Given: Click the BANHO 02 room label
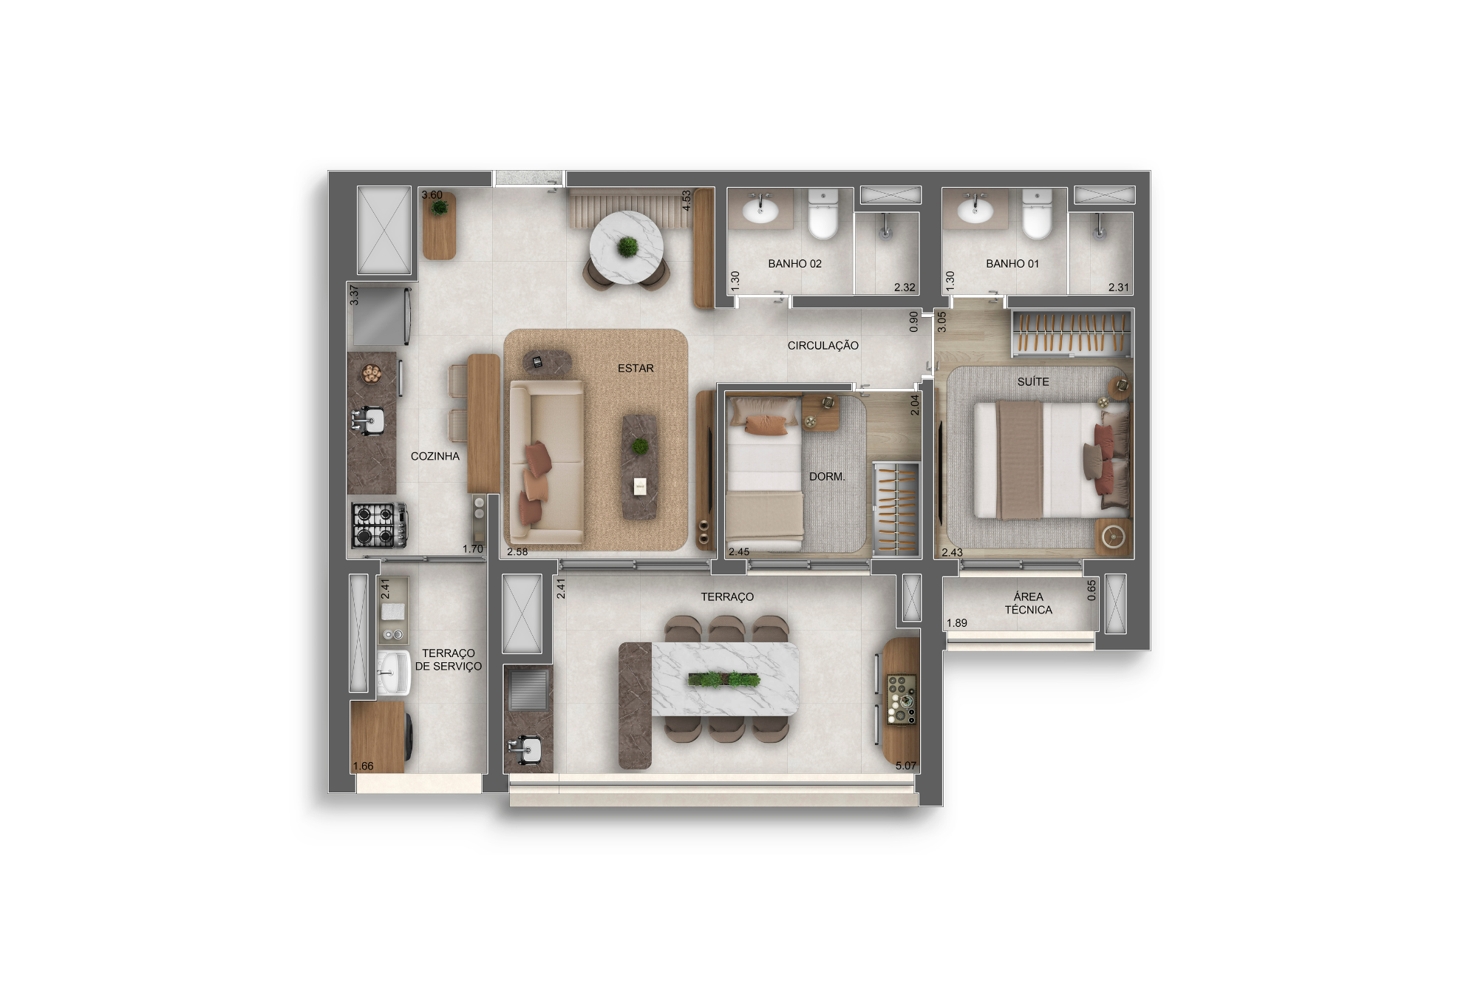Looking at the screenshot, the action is pos(794,264).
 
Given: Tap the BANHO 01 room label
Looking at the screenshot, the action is pos(1012,264).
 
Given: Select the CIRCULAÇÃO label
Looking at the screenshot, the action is pos(823,345).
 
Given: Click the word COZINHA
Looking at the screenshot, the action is pos(435,456).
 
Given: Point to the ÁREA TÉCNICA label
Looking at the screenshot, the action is pos(1028,603).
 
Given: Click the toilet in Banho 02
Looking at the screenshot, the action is pos(823,214).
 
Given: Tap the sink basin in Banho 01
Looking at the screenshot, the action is pos(975,211).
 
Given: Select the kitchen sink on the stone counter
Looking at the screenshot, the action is pos(368,421).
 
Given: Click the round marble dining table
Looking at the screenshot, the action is pos(627,247).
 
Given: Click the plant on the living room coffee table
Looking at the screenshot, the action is pos(640,446).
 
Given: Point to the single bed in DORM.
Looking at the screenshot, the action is pos(764,475).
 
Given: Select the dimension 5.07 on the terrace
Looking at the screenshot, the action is pos(906,766).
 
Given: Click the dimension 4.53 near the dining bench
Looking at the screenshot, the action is pos(686,200).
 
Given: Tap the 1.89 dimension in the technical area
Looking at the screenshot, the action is pos(957,623).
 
